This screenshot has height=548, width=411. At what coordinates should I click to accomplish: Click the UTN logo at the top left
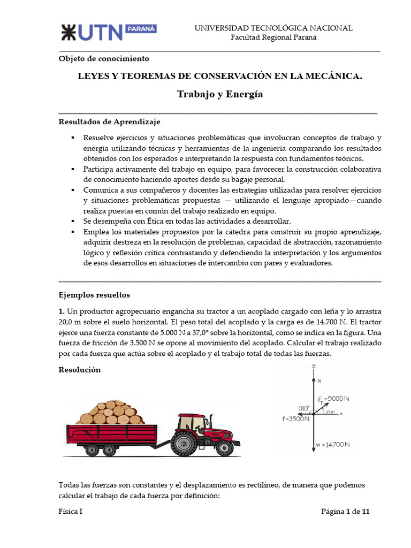[x=91, y=32]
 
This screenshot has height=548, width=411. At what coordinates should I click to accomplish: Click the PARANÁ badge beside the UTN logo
[x=141, y=29]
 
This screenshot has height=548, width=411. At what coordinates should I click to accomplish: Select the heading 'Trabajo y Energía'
[x=220, y=94]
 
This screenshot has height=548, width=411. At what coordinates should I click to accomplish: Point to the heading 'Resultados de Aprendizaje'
[x=109, y=122]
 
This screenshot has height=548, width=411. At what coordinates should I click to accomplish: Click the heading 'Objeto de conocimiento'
[x=103, y=58]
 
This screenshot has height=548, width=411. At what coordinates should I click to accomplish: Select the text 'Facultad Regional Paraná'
[x=273, y=37]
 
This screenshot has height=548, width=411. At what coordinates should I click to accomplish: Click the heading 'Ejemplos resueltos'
[x=94, y=295]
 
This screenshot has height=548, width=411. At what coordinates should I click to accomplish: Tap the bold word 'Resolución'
[x=79, y=370]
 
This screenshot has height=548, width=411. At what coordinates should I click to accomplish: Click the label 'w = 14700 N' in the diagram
[x=333, y=444]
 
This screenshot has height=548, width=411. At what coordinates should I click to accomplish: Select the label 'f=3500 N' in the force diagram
[x=292, y=419]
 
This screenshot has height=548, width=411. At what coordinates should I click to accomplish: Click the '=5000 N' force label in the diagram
[x=337, y=399]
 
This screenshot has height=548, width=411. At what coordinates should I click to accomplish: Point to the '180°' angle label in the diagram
[x=303, y=408]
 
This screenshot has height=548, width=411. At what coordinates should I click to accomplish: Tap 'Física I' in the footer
[x=70, y=511]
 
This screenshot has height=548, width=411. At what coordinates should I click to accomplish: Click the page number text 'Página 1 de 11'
[x=345, y=511]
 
